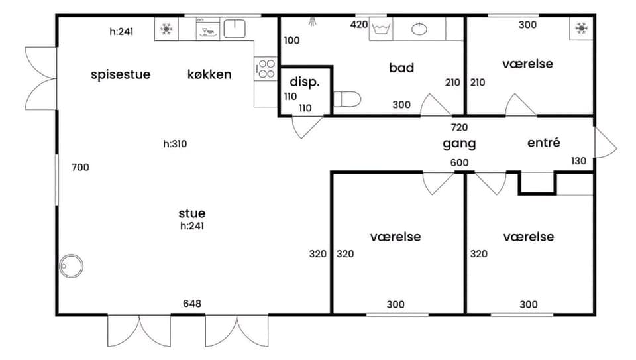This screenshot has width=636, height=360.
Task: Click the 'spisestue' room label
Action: [x=121, y=75]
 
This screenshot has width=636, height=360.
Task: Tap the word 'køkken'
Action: [x=209, y=74]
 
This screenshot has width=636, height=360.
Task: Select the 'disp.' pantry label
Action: [x=305, y=82]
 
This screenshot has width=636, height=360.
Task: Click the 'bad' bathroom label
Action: [x=401, y=68]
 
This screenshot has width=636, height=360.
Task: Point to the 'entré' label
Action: [x=544, y=143]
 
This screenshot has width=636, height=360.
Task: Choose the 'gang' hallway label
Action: [x=459, y=144]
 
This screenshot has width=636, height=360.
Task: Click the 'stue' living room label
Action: [x=192, y=213]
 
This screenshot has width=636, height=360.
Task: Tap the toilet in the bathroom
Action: [x=347, y=99]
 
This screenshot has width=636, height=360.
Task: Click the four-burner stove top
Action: [x=266, y=68]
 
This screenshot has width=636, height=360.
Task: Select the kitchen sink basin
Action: [x=235, y=29]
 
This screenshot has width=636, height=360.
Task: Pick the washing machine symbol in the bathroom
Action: [x=381, y=29]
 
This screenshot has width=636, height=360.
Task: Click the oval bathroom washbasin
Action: [x=419, y=29]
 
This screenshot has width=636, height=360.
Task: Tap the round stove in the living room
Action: [x=71, y=267]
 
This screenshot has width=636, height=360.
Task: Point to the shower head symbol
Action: [x=312, y=21]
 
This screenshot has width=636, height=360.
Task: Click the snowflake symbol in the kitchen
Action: [x=166, y=29]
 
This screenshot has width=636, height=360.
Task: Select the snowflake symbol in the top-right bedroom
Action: [x=582, y=28]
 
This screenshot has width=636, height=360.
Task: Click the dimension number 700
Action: [x=80, y=167]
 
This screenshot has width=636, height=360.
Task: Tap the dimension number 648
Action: [x=192, y=304]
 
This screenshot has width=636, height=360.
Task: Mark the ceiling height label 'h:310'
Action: [x=175, y=144]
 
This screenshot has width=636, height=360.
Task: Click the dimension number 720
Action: [x=459, y=127]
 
